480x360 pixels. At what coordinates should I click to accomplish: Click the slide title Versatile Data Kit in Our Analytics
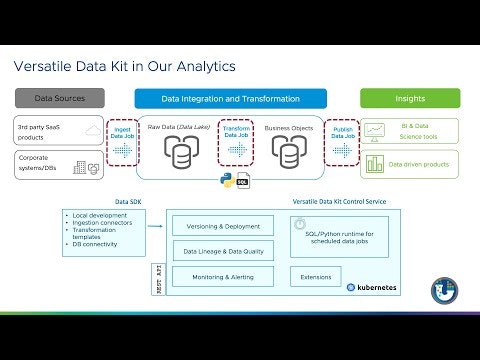click(124, 67)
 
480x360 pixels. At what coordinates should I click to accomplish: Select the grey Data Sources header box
click(59, 99)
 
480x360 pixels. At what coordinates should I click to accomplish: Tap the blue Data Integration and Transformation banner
click(230, 99)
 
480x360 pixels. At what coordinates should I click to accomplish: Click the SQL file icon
click(243, 183)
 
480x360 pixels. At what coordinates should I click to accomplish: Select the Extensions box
click(314, 276)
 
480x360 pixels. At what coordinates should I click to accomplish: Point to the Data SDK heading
click(130, 201)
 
